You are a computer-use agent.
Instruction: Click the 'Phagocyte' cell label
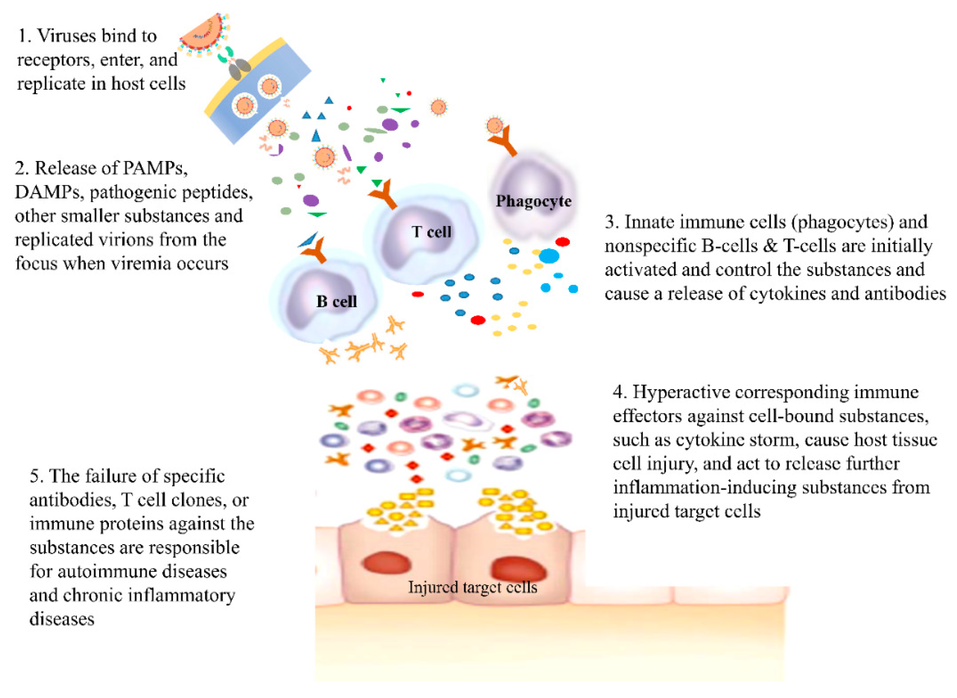tap(533, 201)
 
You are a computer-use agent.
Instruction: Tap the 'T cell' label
tap(431, 231)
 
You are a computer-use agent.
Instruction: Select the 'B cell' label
tap(337, 301)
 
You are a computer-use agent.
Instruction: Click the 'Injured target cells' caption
tap(472, 587)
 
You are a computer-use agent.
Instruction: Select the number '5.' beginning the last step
tap(37, 476)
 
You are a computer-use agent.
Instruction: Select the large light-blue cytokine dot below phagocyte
tap(549, 256)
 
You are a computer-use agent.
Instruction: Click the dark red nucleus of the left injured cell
tap(386, 564)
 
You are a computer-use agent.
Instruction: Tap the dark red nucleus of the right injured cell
tap(518, 569)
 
